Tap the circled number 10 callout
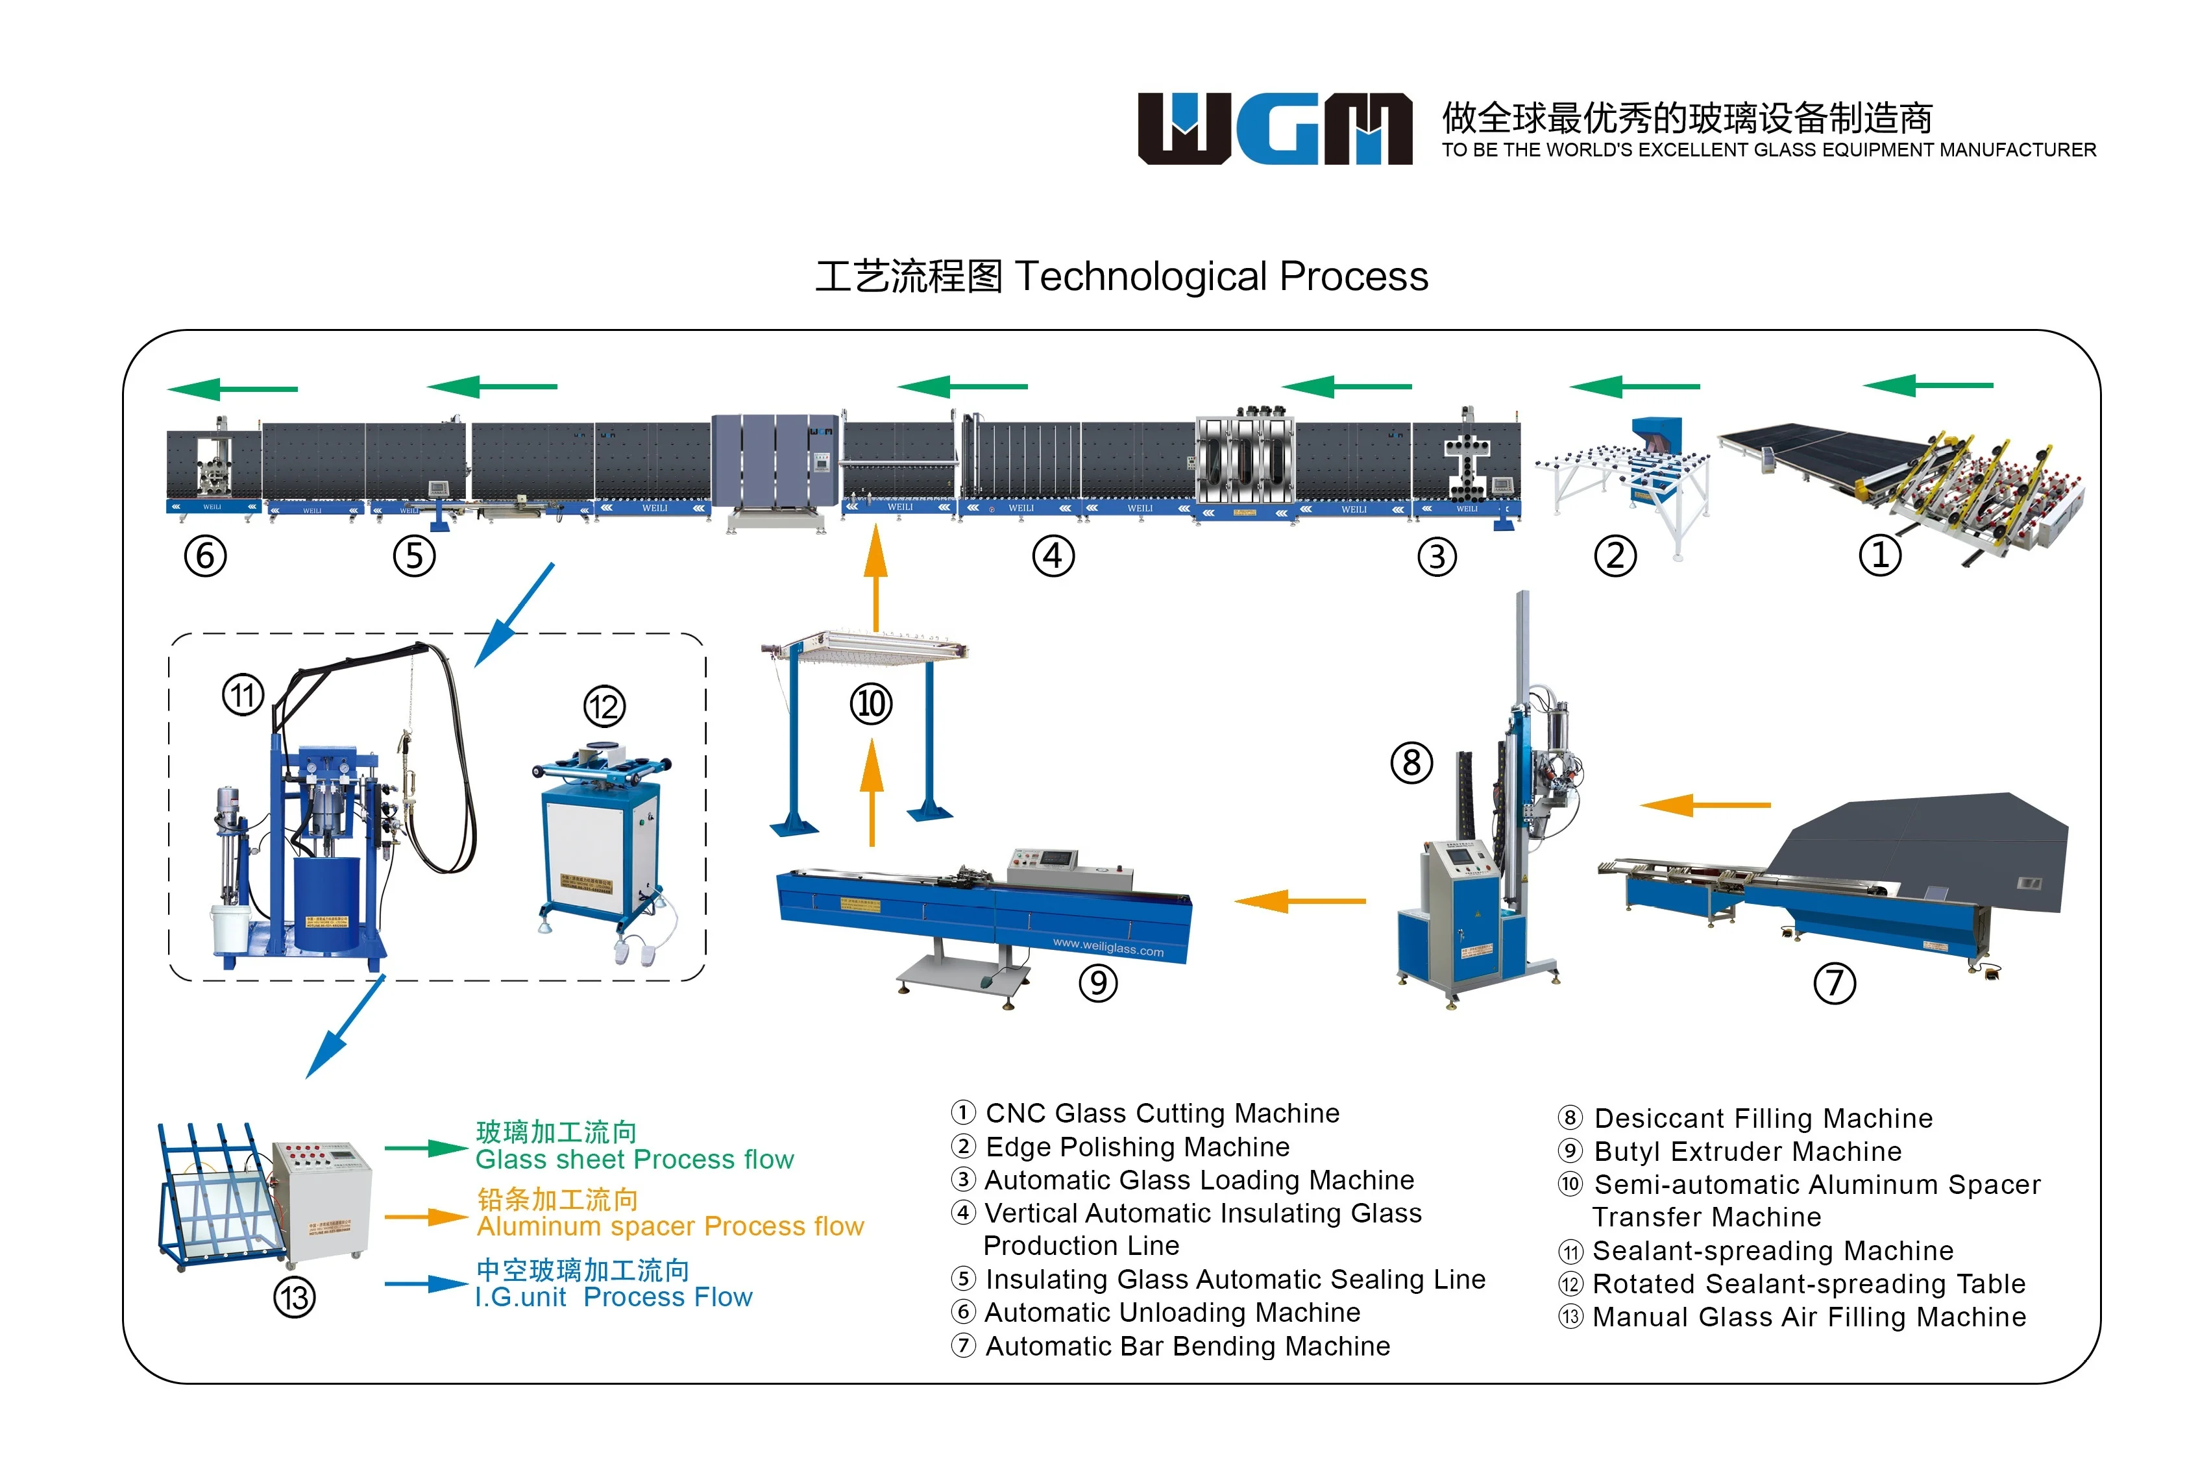(x=870, y=703)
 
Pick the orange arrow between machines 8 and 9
(x=1300, y=901)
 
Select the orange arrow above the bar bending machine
(x=1705, y=805)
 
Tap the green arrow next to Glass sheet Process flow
(x=426, y=1149)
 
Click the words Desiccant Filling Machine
(x=1763, y=1118)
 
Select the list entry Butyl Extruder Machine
(x=1747, y=1151)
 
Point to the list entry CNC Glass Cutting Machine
(x=1162, y=1113)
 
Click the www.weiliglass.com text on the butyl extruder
(x=1108, y=947)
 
